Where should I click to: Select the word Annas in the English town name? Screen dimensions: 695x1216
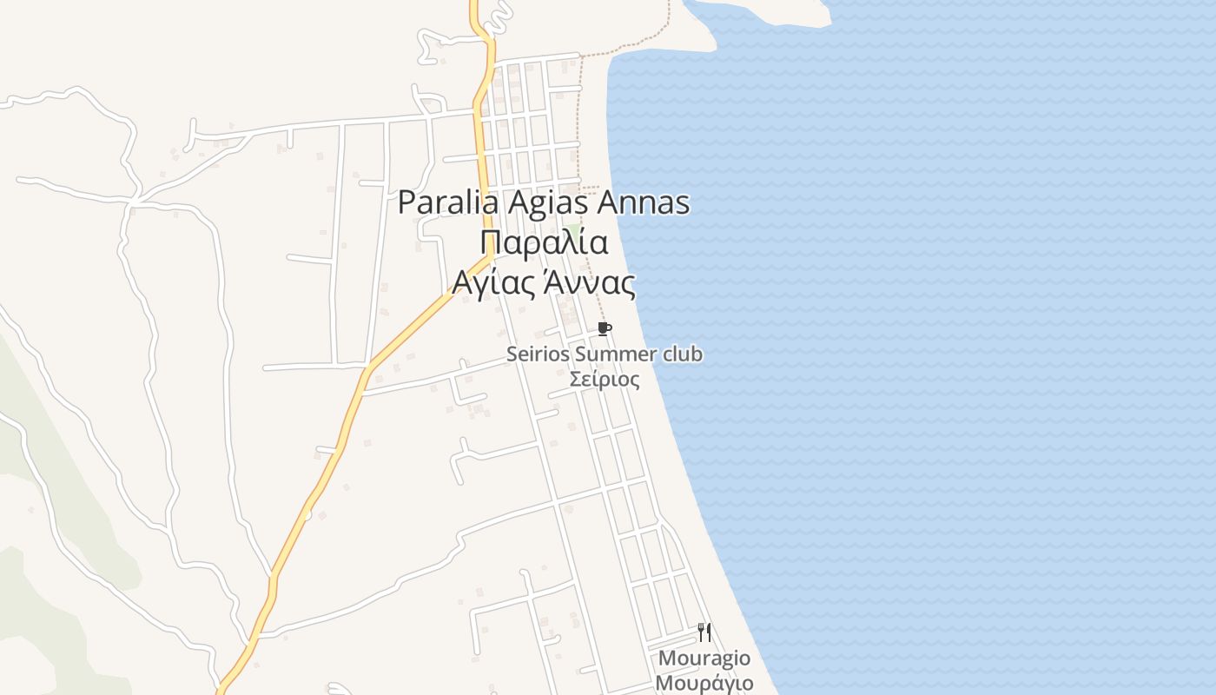(x=644, y=203)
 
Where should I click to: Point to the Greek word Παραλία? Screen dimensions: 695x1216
(x=544, y=243)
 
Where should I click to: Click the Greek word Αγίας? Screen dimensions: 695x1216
(x=491, y=283)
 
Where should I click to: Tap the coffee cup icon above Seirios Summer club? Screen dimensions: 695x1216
(x=605, y=328)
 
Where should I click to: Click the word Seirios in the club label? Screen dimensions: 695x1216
(x=539, y=354)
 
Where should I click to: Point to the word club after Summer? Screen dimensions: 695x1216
(x=683, y=354)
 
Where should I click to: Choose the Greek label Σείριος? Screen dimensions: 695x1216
(x=605, y=380)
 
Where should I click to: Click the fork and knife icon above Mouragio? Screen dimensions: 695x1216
(x=704, y=632)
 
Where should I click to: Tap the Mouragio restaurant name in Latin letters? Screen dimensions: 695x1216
(x=704, y=659)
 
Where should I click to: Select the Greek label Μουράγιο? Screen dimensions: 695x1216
(x=704, y=683)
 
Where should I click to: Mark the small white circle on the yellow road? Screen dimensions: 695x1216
(x=307, y=515)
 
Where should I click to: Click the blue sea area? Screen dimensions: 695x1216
(x=955, y=347)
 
